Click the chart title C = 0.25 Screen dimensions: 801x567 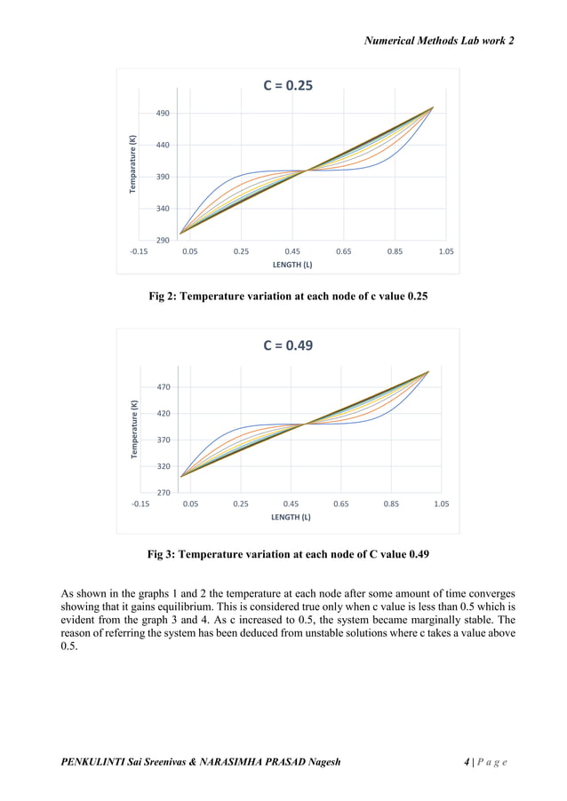[287, 86]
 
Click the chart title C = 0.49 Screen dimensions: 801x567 [287, 345]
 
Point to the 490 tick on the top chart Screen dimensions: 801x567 [162, 114]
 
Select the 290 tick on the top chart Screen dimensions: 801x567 [162, 241]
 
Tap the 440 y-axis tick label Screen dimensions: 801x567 [162, 145]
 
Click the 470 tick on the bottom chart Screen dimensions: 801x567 [162, 387]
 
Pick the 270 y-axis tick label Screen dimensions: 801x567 [162, 492]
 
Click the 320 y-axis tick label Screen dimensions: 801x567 [162, 466]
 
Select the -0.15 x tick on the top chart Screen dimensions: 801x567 [139, 251]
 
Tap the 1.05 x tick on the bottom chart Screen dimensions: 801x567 [441, 504]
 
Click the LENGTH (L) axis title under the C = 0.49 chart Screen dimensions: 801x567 [290, 517]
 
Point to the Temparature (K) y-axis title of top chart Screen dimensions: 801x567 [132, 165]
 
